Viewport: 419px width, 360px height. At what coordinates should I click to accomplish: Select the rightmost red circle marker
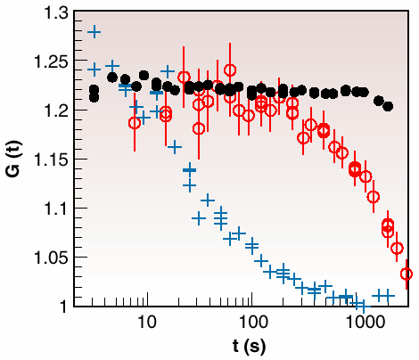coord(407,274)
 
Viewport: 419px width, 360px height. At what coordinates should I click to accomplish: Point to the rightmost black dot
coord(388,106)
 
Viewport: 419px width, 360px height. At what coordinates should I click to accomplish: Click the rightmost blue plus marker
coord(388,295)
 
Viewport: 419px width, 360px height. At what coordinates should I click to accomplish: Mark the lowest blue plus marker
coord(360,305)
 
